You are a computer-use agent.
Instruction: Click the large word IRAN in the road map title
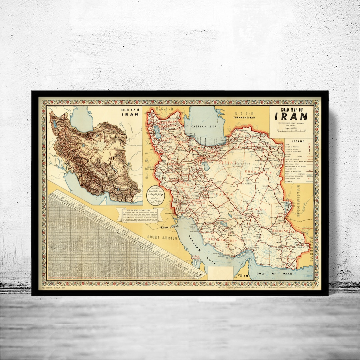(291, 116)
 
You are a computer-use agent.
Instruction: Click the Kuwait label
(166, 228)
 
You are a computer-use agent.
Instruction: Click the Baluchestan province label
(284, 231)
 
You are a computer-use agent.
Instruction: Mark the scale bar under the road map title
(291, 130)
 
